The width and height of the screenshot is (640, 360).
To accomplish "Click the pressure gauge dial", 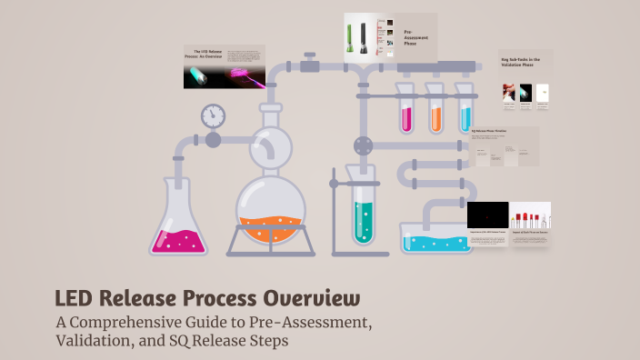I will pyautogui.click(x=213, y=115).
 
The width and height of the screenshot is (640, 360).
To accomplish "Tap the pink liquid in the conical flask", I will pyautogui.click(x=180, y=240).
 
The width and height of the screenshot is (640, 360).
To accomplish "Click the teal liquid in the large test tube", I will pyautogui.click(x=364, y=221).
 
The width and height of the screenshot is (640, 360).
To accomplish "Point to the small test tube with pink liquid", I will pyautogui.click(x=405, y=116).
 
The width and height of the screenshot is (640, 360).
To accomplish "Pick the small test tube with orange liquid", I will pyautogui.click(x=436, y=116).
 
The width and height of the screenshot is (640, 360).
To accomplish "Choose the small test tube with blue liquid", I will pyautogui.click(x=466, y=116).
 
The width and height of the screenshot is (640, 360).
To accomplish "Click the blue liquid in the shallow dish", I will pyautogui.click(x=436, y=243).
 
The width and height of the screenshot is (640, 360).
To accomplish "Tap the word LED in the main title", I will pyautogui.click(x=75, y=298).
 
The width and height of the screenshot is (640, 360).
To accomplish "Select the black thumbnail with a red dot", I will pyautogui.click(x=487, y=215).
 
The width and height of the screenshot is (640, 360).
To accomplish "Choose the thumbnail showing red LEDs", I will pyautogui.click(x=530, y=215).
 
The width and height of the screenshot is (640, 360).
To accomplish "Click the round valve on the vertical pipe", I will pyautogui.click(x=364, y=145).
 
